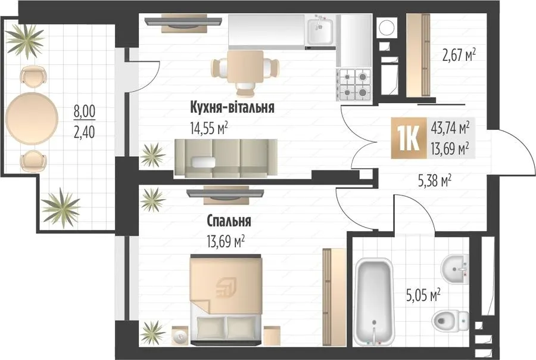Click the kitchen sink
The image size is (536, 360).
coord(320,31)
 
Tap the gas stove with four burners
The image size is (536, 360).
coord(355,85)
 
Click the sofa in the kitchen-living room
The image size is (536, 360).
coord(226,158)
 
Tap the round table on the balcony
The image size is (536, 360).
coord(32,119)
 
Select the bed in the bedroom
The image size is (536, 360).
coord(226,299)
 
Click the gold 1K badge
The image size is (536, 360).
coord(409,138)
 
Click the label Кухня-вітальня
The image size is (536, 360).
coord(232,107)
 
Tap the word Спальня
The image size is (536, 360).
coord(229,221)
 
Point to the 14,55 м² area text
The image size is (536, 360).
coord(209,129)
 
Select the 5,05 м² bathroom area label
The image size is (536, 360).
coord(423,294)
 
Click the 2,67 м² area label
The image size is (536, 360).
coord(459,55)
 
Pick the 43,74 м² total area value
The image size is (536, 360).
coord(450,128)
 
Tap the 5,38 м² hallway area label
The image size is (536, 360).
coord(435,181)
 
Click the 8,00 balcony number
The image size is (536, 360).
coord(85,111)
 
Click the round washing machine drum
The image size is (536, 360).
coord(387,27)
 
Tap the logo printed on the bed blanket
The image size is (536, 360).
coord(226,287)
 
